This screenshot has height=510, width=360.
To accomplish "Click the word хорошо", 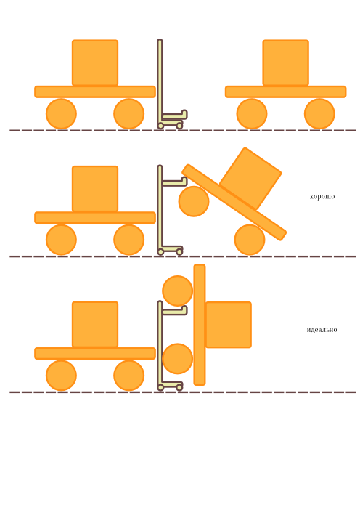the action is click(322, 196).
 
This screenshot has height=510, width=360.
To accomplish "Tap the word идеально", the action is click(322, 330).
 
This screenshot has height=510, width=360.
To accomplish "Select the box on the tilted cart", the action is click(250, 178).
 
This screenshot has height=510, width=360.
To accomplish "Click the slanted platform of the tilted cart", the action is click(234, 202).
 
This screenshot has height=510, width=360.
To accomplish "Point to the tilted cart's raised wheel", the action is click(194, 201).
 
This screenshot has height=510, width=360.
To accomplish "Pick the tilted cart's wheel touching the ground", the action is click(250, 240).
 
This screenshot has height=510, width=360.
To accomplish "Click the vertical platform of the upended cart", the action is click(200, 325).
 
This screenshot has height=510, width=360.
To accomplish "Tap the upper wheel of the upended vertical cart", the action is click(177, 291).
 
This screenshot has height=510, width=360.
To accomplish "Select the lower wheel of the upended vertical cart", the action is click(177, 359).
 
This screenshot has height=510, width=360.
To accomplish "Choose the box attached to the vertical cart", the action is click(229, 325).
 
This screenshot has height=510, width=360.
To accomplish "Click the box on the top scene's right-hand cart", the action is click(285, 62).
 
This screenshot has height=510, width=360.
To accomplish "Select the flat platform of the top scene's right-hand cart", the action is click(285, 92).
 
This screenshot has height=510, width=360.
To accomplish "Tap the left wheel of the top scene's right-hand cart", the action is click(252, 114).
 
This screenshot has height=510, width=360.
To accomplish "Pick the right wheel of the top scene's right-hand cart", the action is click(319, 114).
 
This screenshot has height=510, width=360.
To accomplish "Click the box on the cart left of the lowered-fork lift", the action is click(95, 62).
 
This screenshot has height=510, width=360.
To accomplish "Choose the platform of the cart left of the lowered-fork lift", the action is click(95, 92).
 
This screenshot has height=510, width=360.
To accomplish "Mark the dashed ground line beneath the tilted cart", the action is click(183, 256).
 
